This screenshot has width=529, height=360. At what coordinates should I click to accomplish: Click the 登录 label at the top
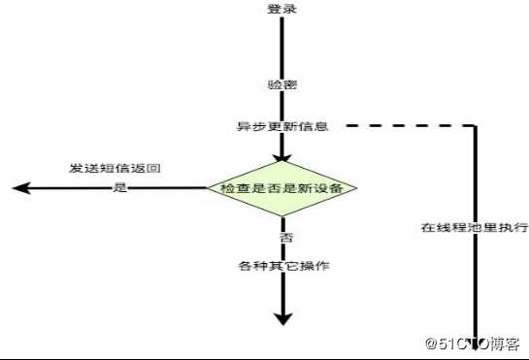click(x=281, y=9)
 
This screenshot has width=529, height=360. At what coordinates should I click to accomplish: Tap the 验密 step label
click(x=281, y=84)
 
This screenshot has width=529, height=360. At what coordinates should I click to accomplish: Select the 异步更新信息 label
click(x=281, y=126)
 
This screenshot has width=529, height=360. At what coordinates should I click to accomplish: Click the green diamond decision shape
click(x=282, y=187)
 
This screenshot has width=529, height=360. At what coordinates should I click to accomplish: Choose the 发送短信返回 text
click(x=115, y=168)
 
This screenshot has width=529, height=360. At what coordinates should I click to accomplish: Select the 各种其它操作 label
click(x=281, y=265)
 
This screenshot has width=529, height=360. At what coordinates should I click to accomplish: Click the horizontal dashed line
click(x=408, y=126)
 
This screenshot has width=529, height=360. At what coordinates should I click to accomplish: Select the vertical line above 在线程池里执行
click(x=477, y=175)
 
